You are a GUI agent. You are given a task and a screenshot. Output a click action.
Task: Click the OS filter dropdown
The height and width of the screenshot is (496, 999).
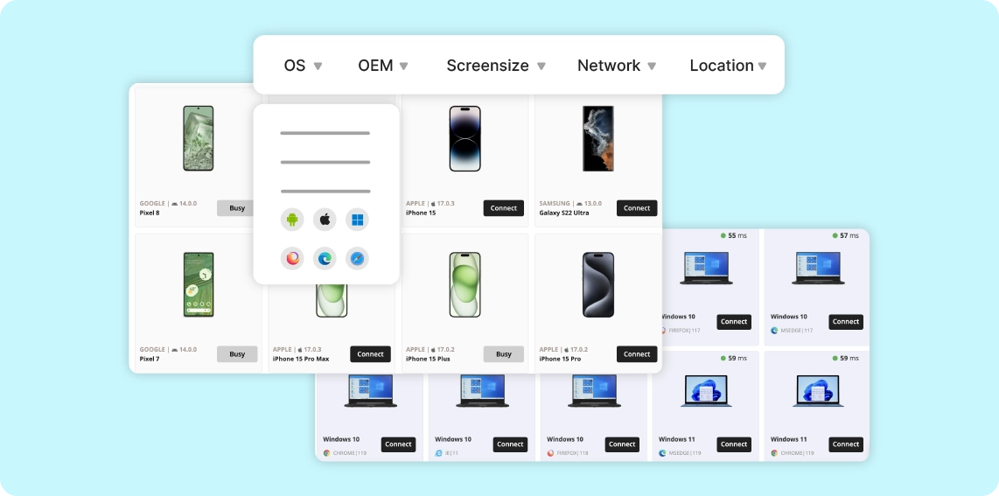(x=303, y=66)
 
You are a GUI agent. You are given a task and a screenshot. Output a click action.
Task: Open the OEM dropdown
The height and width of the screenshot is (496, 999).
(x=382, y=66)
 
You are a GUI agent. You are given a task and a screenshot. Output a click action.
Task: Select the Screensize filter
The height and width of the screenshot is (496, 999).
(x=495, y=66)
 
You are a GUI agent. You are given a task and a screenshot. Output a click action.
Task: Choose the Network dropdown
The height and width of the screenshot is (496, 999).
(x=616, y=66)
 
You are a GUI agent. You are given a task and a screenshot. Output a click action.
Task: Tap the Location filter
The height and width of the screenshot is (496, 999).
(x=727, y=66)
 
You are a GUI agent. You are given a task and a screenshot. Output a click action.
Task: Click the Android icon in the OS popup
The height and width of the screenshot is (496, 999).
(x=292, y=220)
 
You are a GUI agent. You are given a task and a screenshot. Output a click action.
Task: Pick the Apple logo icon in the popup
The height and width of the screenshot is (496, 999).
(x=325, y=220)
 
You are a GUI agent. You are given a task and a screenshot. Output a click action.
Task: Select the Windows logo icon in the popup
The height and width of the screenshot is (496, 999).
(x=357, y=220)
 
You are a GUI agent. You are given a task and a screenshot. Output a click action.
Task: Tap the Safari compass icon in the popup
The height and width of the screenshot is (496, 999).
(x=357, y=258)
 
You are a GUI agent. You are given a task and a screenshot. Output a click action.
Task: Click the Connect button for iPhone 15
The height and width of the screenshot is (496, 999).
(x=504, y=208)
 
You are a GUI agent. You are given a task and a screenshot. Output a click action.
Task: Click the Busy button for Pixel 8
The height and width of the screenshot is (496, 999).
(x=237, y=208)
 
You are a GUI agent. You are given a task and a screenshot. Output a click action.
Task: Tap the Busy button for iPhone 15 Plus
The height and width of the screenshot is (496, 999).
(x=504, y=354)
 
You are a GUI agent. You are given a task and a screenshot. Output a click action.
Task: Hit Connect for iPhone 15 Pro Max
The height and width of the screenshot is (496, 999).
(x=370, y=354)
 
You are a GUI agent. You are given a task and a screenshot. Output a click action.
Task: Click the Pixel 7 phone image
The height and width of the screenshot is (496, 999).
(x=199, y=285)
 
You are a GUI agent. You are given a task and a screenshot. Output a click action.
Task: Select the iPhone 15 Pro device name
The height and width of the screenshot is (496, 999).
(x=560, y=359)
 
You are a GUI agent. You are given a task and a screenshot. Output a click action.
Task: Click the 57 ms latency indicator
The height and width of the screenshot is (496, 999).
(x=845, y=236)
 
